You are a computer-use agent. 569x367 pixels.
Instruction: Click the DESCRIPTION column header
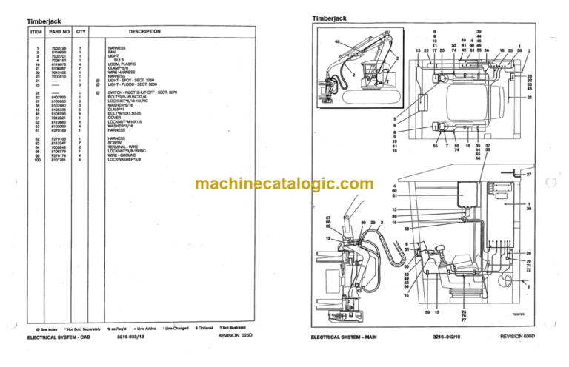click(x=144, y=32)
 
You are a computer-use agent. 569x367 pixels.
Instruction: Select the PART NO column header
click(x=59, y=32)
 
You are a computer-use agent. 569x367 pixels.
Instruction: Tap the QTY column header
click(x=81, y=32)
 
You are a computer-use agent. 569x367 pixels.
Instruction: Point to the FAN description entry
click(x=111, y=52)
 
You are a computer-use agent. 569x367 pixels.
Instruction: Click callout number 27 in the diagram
click(x=528, y=174)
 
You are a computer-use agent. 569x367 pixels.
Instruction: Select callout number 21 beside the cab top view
click(x=530, y=97)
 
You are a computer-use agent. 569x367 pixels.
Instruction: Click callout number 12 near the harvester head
click(x=327, y=238)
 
